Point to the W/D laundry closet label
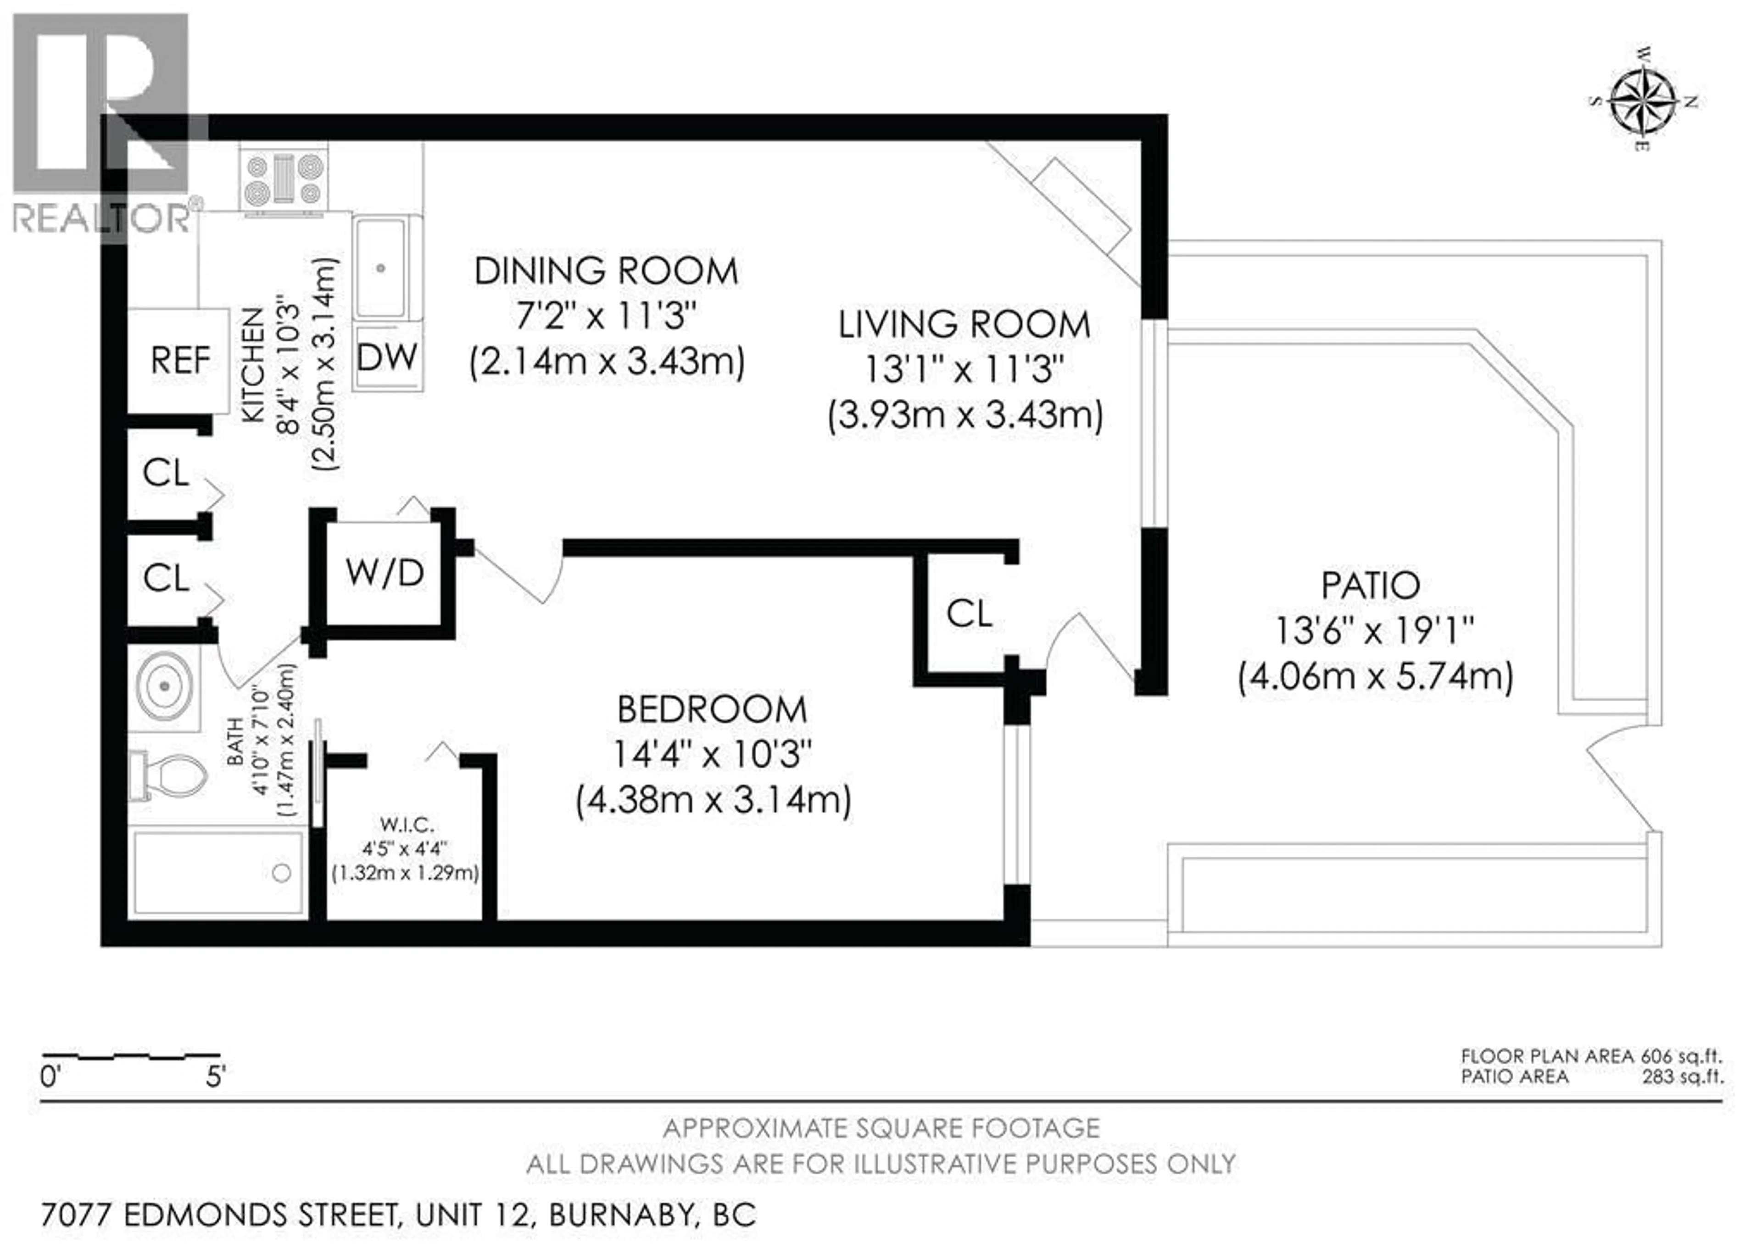click(x=385, y=573)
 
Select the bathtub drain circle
click(x=282, y=873)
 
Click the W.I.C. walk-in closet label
click(x=406, y=825)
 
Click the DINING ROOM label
click(x=606, y=272)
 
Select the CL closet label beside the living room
click(x=969, y=614)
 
